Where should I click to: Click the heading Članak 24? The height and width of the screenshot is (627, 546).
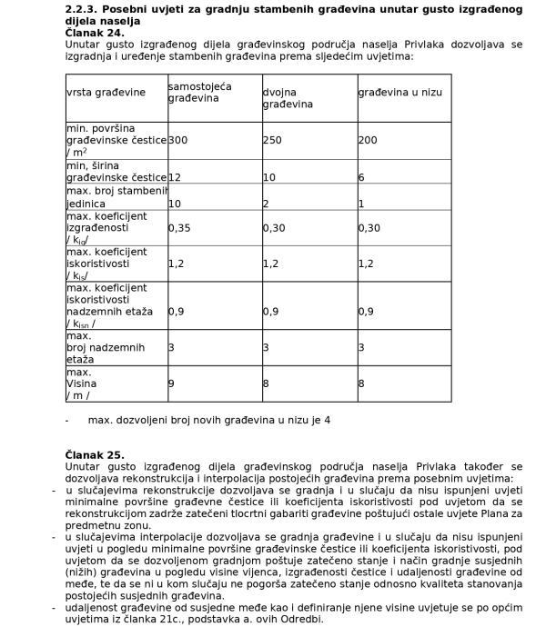95,31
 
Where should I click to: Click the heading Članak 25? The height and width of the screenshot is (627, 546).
95,454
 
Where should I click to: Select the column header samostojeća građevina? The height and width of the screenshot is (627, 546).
200,92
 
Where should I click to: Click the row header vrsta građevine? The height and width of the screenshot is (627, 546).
106,92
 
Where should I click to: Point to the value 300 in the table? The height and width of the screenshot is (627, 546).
178,140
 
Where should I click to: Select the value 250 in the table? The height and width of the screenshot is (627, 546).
272,140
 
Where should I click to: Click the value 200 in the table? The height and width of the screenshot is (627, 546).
367,140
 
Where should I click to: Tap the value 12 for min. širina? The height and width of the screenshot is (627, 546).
175,177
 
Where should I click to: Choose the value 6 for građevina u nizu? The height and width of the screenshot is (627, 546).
360,177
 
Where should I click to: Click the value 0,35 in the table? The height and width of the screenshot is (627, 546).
180,228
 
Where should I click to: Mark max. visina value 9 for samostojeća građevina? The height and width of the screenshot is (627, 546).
171,383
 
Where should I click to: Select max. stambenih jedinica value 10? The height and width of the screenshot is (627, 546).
175,204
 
